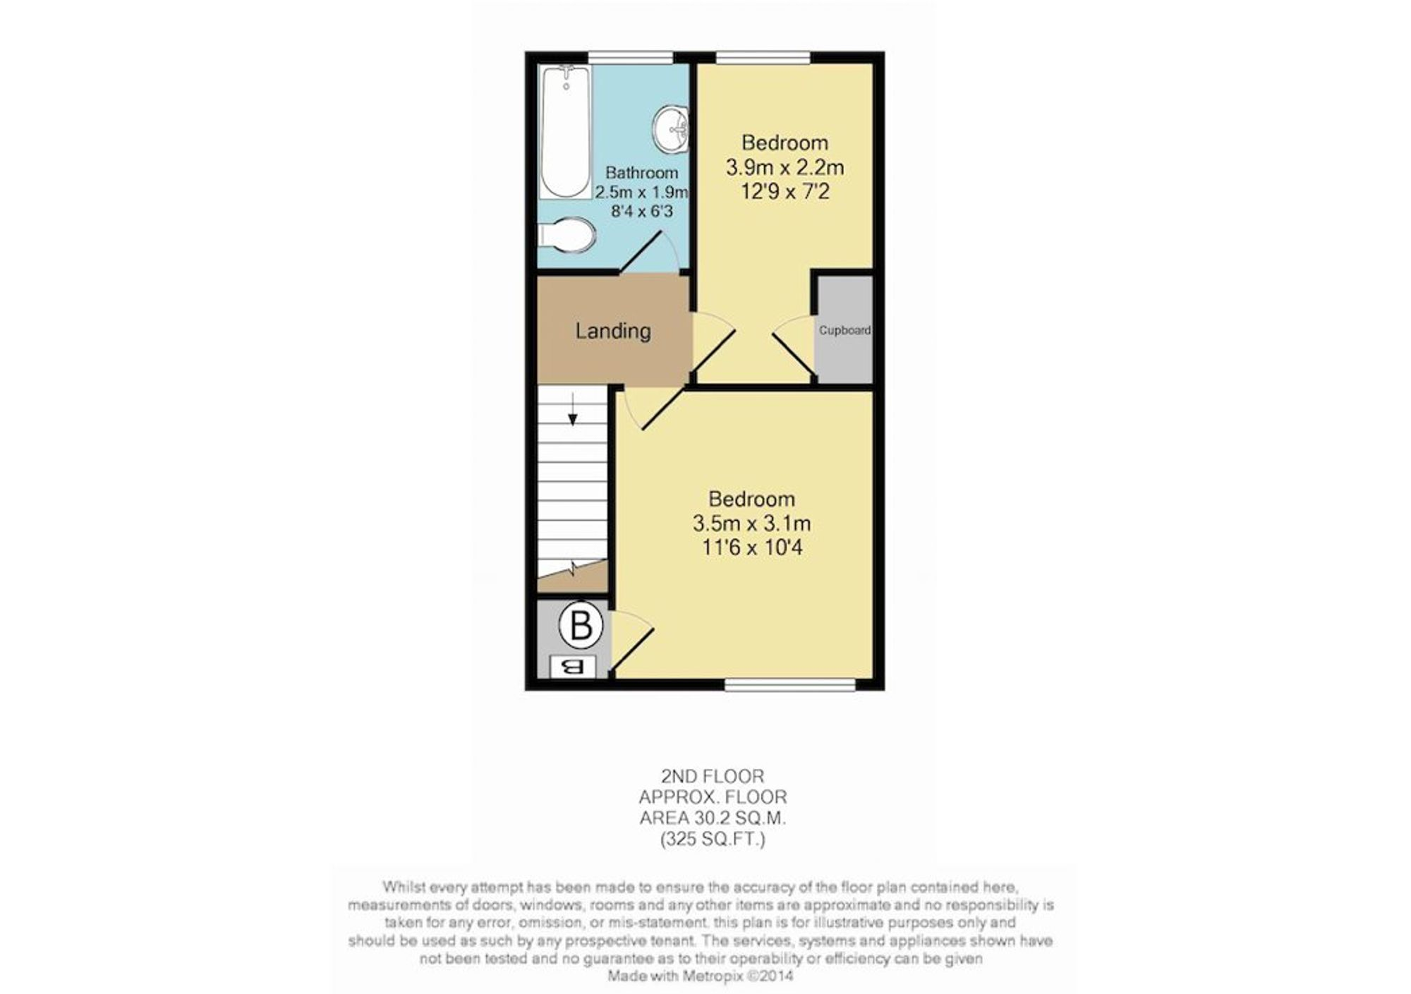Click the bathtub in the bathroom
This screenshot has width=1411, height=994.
tap(565, 132)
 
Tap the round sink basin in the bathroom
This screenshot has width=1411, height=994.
tap(670, 129)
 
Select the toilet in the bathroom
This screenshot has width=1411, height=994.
tap(567, 234)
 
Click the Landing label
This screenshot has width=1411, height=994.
tap(613, 331)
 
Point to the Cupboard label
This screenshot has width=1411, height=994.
tap(844, 330)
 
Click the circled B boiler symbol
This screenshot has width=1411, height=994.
tap(581, 626)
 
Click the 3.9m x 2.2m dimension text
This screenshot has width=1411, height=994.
tap(785, 168)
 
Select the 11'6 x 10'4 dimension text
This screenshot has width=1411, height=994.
tap(752, 547)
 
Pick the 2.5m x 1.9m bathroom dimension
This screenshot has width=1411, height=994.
tap(641, 192)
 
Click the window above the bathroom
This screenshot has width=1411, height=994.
tap(631, 57)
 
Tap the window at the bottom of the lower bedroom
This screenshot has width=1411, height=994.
tap(790, 684)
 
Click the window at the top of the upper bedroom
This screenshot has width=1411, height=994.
tap(763, 57)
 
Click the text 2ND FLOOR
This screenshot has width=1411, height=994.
tap(713, 777)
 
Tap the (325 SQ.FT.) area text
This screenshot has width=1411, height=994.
tap(713, 840)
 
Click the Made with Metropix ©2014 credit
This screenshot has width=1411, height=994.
tap(701, 976)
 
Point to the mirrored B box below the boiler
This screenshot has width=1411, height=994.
tap(572, 667)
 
